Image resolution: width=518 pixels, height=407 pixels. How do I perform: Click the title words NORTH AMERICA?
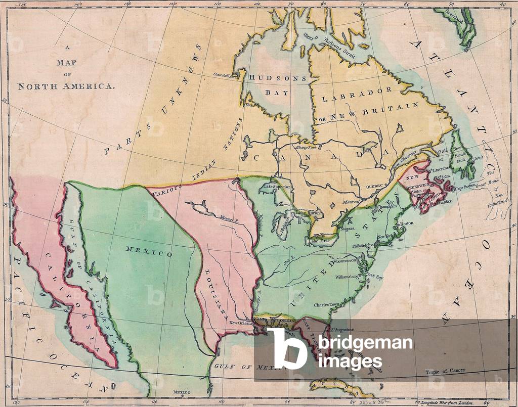pos(66,86)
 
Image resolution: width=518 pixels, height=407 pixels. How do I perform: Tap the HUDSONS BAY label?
pos(278,85)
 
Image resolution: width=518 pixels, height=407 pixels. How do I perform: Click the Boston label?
pos(407,223)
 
